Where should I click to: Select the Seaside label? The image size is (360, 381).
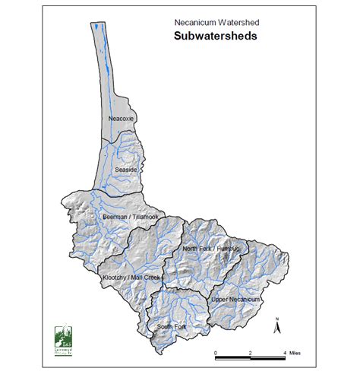125,170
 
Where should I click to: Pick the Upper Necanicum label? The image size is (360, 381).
236,300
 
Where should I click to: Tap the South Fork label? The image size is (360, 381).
170,327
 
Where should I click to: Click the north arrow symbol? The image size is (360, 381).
279,325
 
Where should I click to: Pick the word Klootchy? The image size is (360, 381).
115,278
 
